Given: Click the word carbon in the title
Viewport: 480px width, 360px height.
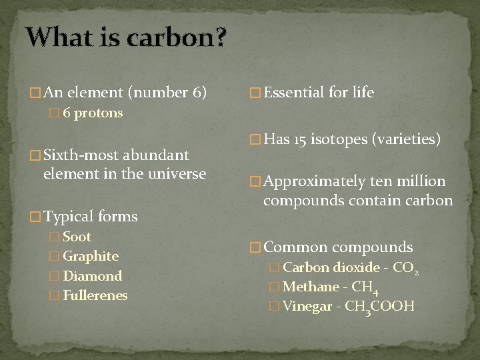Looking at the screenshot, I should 178,38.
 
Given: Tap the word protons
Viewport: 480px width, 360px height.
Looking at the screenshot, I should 99,113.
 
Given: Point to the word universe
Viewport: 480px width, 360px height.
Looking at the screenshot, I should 175,174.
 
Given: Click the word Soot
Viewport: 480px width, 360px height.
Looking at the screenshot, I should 77,237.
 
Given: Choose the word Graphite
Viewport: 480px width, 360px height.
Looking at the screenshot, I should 91,256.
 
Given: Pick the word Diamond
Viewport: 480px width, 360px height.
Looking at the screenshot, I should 93,276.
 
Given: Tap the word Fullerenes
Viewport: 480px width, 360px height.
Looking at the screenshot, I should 95,295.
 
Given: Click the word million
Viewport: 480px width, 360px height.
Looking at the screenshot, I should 421,181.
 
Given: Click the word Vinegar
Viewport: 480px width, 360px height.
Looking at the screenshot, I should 307,307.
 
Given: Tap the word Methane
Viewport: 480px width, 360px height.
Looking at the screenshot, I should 311,287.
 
